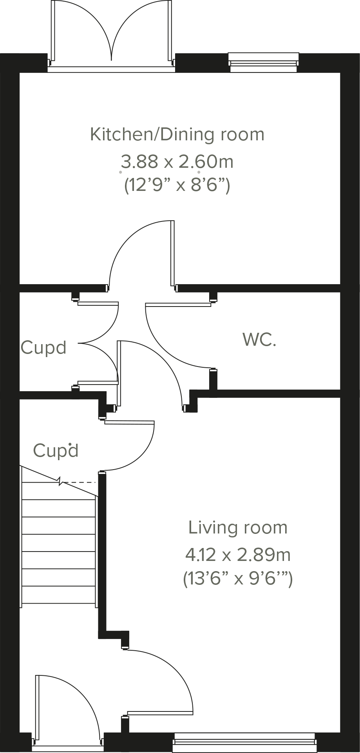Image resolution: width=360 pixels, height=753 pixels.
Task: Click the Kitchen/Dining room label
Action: click(177, 134)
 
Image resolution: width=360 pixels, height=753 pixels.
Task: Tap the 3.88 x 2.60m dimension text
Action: click(177, 161)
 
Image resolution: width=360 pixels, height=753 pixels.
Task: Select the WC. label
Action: click(259, 340)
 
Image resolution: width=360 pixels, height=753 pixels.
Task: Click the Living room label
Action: click(238, 528)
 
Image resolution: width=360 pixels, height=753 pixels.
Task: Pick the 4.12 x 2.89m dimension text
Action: click(238, 555)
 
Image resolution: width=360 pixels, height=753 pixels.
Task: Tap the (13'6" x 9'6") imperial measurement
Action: click(238, 579)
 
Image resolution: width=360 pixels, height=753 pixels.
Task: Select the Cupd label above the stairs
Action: click(56, 451)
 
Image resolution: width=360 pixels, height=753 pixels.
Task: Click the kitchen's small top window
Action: click(263, 63)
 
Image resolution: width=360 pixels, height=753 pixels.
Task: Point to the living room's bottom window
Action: click(245, 740)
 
